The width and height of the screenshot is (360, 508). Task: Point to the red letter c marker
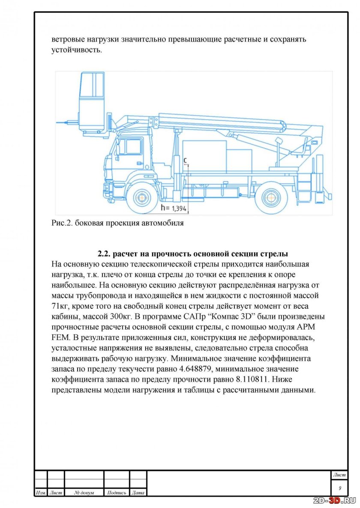(185, 160)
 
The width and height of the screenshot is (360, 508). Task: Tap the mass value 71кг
(61, 305)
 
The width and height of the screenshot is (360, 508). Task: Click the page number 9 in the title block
(339, 488)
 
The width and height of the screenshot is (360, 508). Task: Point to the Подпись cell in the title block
(117, 493)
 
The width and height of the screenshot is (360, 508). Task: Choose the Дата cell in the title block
(138, 493)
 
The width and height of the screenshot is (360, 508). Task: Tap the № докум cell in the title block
(84, 493)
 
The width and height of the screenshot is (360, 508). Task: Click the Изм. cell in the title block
(41, 493)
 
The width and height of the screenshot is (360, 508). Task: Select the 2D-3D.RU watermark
(335, 500)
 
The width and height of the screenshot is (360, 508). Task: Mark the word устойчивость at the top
(76, 50)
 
